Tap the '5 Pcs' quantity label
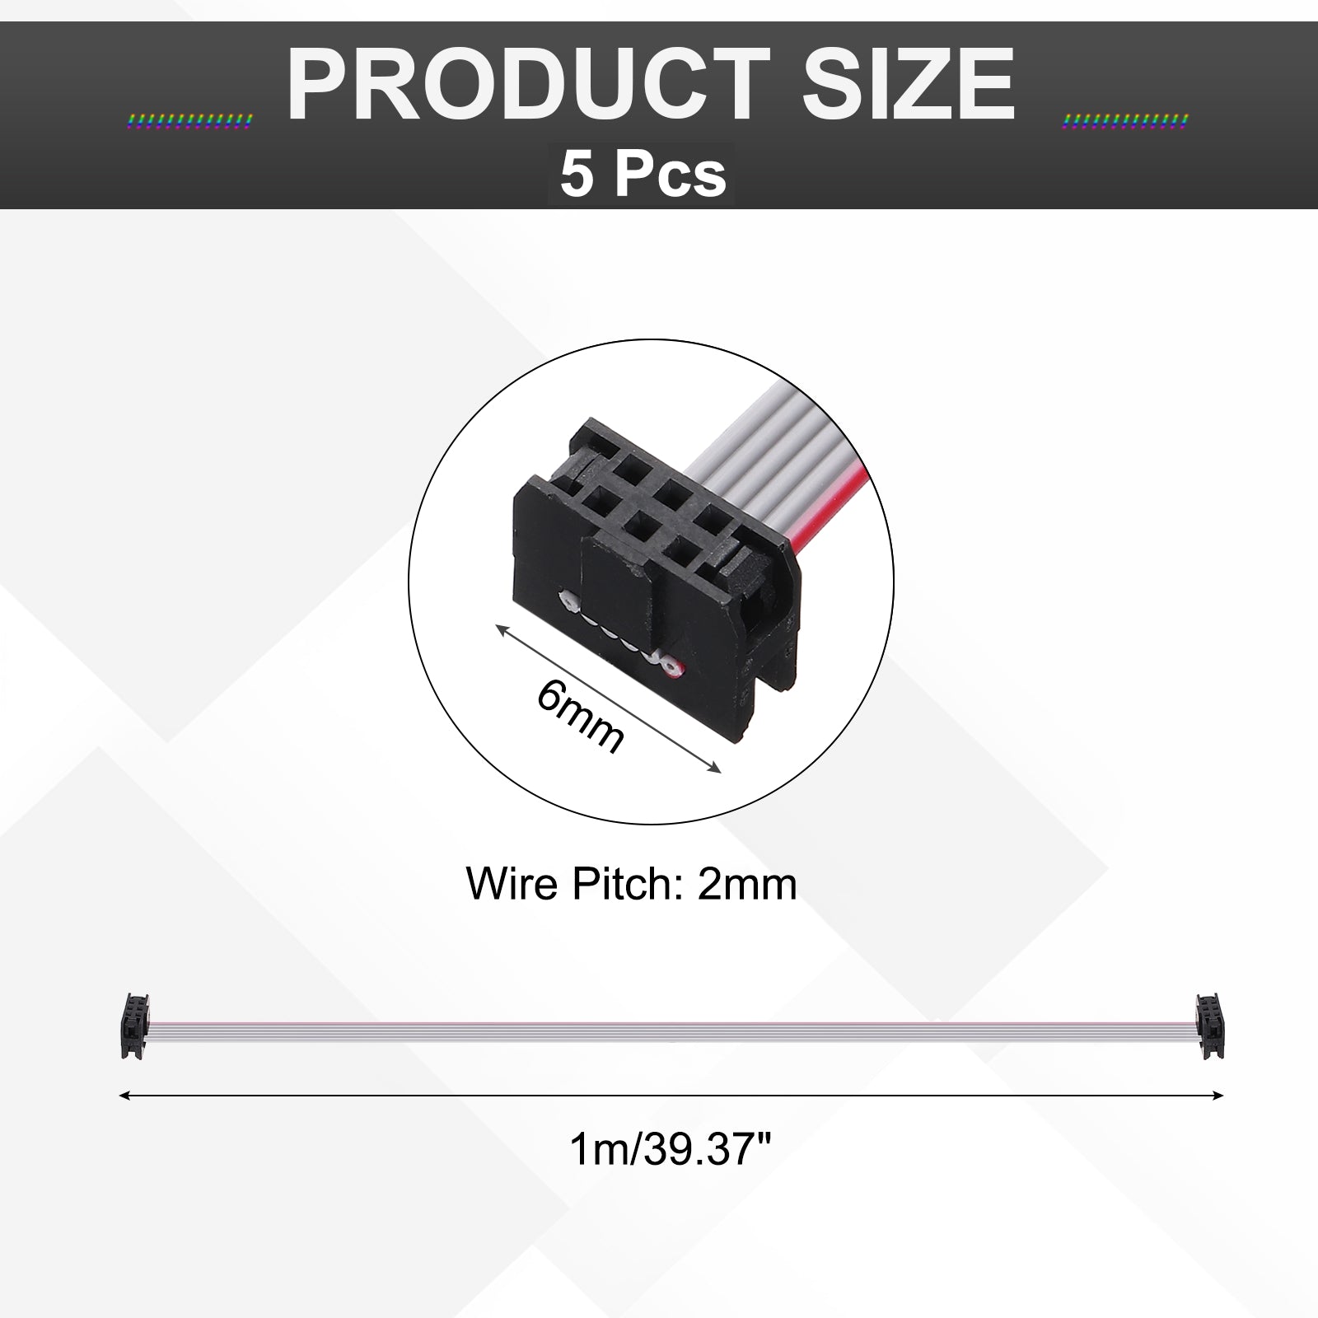pyautogui.click(x=643, y=174)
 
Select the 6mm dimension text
pyautogui.click(x=581, y=716)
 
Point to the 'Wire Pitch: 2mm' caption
pyautogui.click(x=632, y=885)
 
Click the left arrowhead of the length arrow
pyautogui.click(x=125, y=1096)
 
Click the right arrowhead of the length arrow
pyautogui.click(x=1217, y=1095)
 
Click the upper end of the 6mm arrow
pyautogui.click(x=497, y=625)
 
